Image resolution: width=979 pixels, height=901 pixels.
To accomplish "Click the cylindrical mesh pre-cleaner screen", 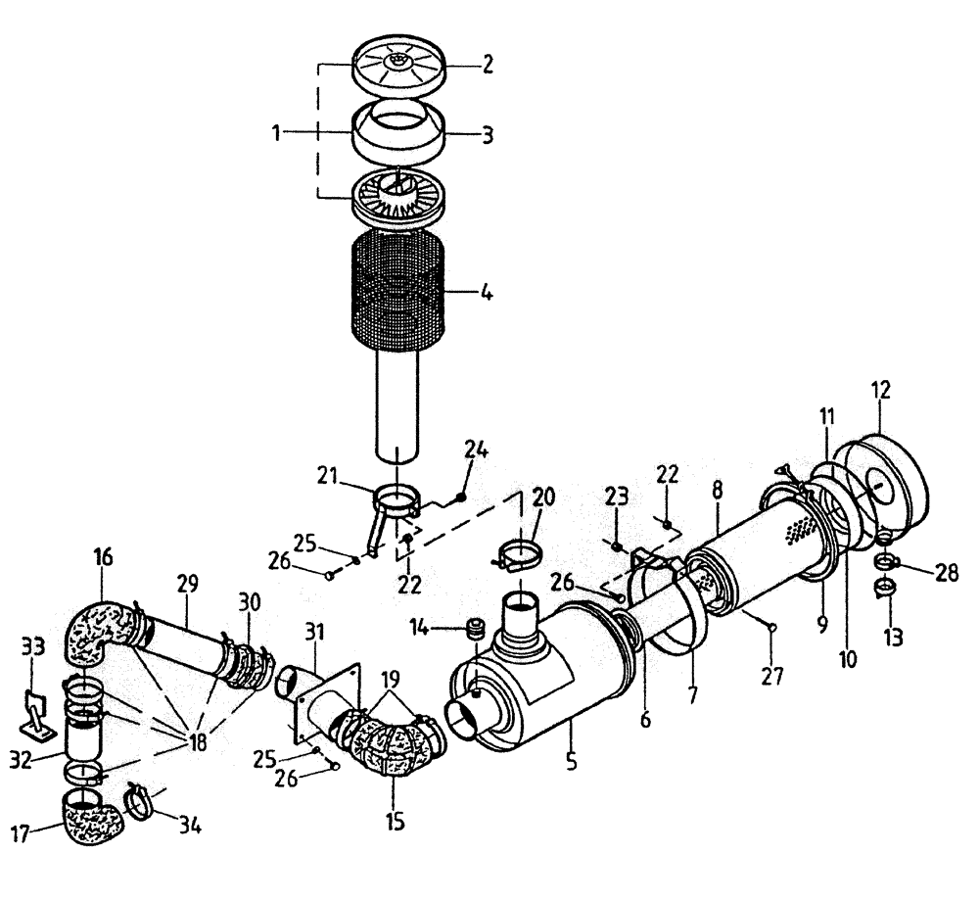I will pyautogui.click(x=397, y=293).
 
